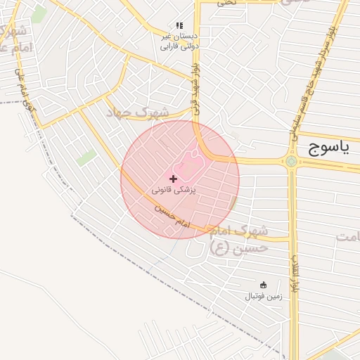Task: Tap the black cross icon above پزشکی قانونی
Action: click(174, 179)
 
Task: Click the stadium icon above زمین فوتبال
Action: click(263, 285)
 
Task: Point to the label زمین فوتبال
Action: click(263, 296)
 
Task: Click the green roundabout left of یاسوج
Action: click(291, 161)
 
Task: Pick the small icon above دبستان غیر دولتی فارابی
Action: click(179, 25)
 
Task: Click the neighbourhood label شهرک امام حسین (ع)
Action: click(240, 239)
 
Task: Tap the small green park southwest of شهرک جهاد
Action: click(87, 157)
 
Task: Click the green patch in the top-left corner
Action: click(39, 13)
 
